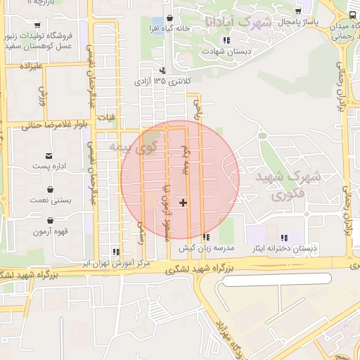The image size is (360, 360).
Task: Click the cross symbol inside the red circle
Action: tap(184, 202)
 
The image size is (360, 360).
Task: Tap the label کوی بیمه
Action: tap(133, 148)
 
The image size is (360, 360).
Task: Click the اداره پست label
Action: tap(49, 167)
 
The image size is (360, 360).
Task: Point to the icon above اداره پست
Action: tap(49, 155)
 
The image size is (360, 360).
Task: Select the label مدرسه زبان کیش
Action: tap(205, 247)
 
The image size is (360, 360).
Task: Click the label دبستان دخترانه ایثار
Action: tap(285, 248)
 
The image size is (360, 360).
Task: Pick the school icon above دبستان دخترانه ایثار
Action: tap(285, 238)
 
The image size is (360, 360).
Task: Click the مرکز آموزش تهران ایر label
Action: tap(115, 262)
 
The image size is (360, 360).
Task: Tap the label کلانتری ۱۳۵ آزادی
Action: tap(162, 82)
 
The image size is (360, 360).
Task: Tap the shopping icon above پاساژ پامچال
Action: tap(299, 11)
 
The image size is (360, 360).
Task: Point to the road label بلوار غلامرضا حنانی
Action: tap(49, 127)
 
